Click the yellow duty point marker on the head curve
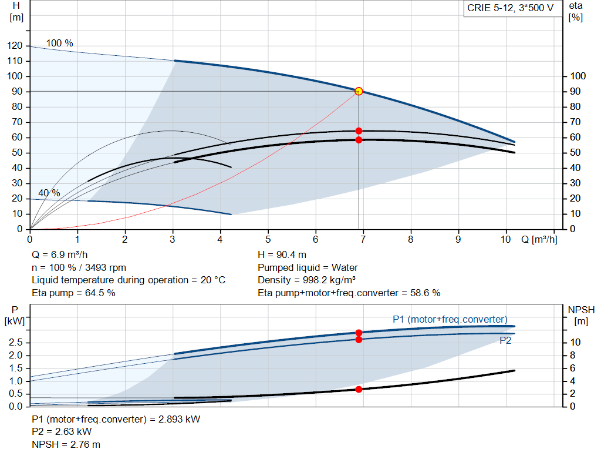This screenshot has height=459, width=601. pyautogui.click(x=359, y=91)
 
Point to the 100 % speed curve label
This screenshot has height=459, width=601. pyautogui.click(x=60, y=43)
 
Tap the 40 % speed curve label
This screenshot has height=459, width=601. pyautogui.click(x=49, y=193)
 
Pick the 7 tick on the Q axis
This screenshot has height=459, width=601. pyautogui.click(x=363, y=240)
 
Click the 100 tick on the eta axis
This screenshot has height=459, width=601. pyautogui.click(x=578, y=76)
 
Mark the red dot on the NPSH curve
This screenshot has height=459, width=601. pyautogui.click(x=359, y=389)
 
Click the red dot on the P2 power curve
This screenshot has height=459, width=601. pyautogui.click(x=359, y=339)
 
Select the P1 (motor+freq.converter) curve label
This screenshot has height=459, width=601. pyautogui.click(x=450, y=319)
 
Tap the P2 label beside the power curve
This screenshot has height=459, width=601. pyautogui.click(x=505, y=340)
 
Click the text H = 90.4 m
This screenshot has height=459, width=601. pyautogui.click(x=282, y=255)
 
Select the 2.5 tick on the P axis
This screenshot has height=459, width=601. pyautogui.click(x=16, y=343)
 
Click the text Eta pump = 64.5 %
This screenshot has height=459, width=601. pyautogui.click(x=73, y=293)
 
